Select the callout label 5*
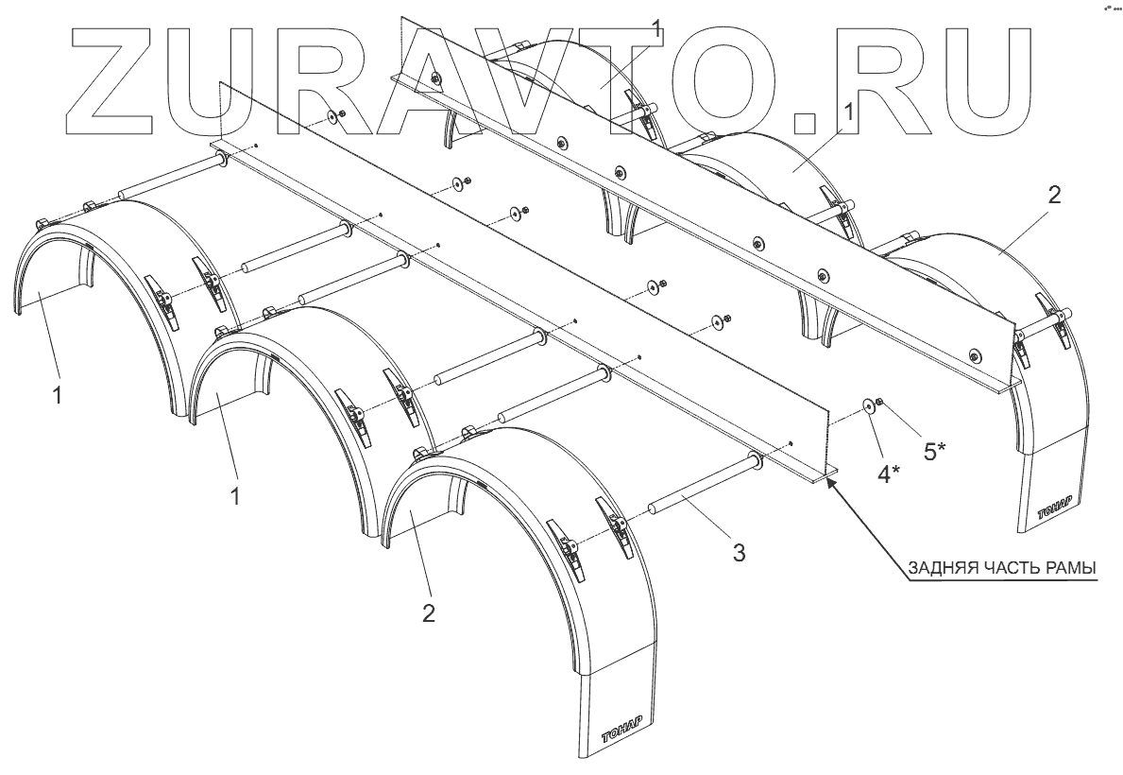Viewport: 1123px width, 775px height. pos(935,452)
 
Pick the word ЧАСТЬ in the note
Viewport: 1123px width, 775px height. pos(1014,569)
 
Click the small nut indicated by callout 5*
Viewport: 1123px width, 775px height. pos(879,402)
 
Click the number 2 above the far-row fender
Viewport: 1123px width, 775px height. pos(1055,197)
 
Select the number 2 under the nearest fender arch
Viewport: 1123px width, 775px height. pos(429,613)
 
